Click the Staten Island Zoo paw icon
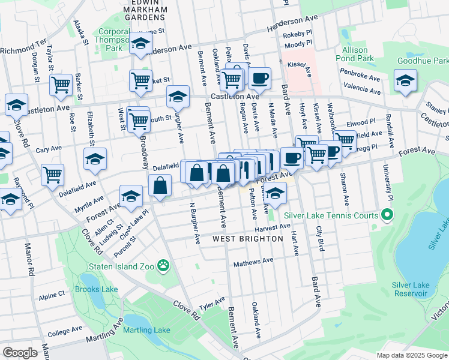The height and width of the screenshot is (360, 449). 163,265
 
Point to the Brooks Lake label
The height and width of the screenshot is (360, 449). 96,289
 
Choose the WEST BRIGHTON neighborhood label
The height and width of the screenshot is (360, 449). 247,239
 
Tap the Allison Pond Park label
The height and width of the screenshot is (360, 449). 358,54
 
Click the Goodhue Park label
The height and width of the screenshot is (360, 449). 423,61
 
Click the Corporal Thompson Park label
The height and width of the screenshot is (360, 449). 114,40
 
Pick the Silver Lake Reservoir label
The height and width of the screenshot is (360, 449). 409,289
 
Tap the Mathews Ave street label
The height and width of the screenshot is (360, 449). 253,262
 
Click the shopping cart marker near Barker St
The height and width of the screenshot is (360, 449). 61,85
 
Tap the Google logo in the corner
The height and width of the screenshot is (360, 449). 20,353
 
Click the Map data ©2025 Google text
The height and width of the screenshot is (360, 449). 411,355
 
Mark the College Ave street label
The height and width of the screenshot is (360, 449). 65,331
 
